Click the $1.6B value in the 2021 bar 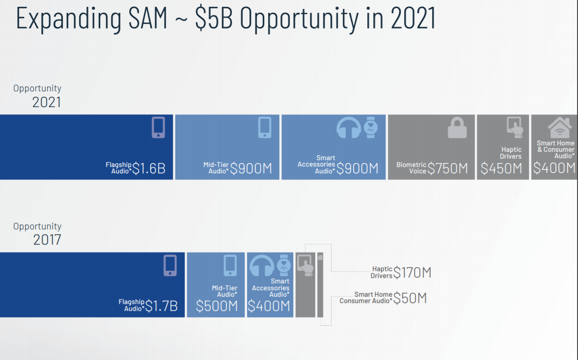(x=149, y=168)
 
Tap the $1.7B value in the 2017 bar (x=162, y=306)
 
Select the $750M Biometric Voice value (x=447, y=168)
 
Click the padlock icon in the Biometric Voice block (x=457, y=128)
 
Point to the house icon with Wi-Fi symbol (x=560, y=128)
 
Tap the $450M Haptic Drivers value (x=501, y=168)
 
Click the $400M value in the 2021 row (x=554, y=168)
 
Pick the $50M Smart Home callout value (x=410, y=298)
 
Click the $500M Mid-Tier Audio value (x=217, y=306)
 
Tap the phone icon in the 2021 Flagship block (x=158, y=128)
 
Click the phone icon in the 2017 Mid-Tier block (x=230, y=265)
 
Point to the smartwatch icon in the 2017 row (x=284, y=265)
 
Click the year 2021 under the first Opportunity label (x=47, y=102)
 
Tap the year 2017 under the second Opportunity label (x=47, y=240)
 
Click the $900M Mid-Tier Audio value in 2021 (x=251, y=168)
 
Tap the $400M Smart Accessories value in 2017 (x=269, y=306)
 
